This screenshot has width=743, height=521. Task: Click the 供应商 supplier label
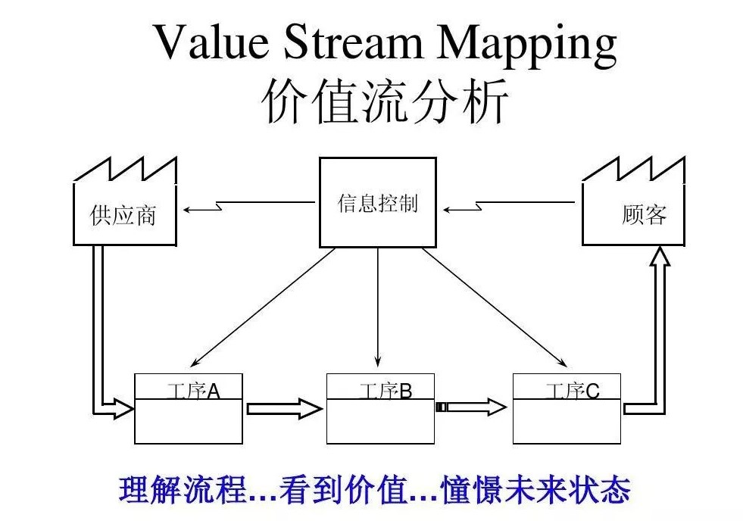tap(123, 215)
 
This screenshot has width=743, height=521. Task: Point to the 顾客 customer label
tap(644, 215)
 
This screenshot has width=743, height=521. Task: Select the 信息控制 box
tap(377, 204)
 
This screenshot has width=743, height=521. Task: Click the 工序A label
tap(193, 391)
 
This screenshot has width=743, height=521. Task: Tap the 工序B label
tap(386, 391)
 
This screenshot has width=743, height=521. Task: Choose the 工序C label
tap(573, 391)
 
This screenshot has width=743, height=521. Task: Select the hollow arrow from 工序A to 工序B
tap(285, 409)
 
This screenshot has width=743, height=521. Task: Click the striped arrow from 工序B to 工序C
tap(471, 407)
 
